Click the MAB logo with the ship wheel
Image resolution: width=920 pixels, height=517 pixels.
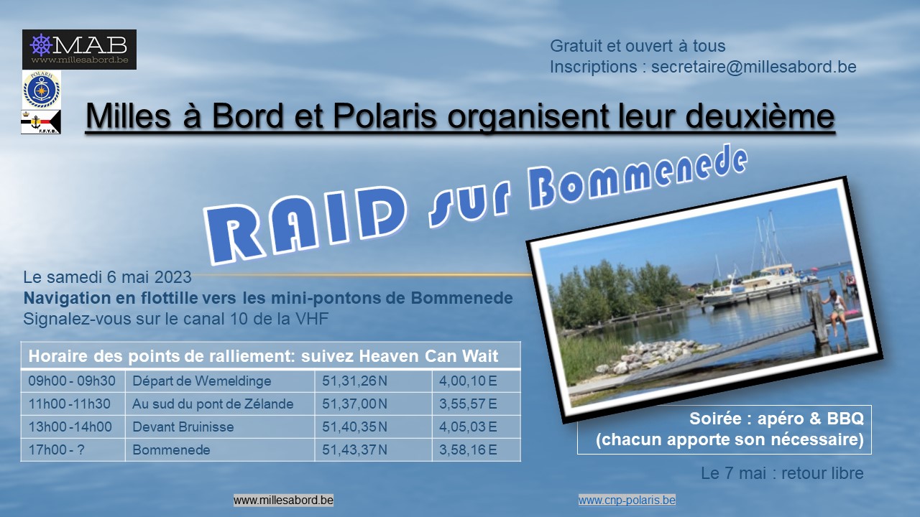[79, 50]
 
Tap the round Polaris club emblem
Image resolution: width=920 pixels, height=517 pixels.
[42, 90]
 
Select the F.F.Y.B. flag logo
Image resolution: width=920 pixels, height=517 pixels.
[41, 122]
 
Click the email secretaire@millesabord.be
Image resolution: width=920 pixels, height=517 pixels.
[754, 67]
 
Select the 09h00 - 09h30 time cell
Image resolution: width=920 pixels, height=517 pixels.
[73, 381]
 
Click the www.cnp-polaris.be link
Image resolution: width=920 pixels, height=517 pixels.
[627, 500]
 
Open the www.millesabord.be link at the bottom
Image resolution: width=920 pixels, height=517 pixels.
[283, 500]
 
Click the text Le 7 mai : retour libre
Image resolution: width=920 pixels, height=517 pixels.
[782, 473]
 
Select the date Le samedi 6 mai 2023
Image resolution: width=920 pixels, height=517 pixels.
[107, 277]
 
